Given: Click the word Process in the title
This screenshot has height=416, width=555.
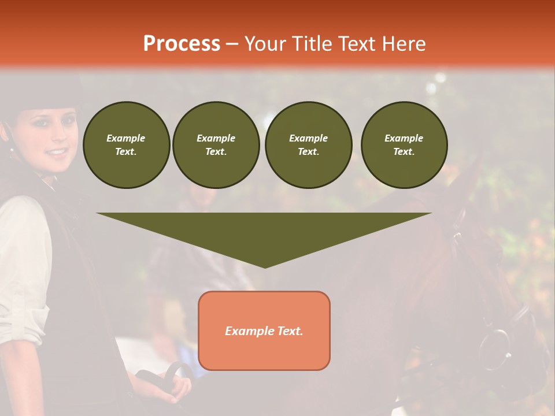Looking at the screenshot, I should (182, 44).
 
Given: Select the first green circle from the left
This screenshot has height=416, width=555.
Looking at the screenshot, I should (126, 145).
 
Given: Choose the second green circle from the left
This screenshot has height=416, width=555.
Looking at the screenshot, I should (216, 145).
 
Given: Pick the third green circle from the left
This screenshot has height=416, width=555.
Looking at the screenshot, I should (308, 145).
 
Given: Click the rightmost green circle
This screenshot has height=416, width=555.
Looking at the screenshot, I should (404, 145).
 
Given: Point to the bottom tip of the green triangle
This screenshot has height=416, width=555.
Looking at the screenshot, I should (265, 267).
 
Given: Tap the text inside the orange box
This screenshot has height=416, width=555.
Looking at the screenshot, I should (264, 331).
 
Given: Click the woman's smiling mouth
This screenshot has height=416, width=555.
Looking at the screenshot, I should (56, 152).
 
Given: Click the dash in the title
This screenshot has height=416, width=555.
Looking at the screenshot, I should (232, 44).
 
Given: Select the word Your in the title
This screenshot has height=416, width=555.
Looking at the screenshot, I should (266, 44).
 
